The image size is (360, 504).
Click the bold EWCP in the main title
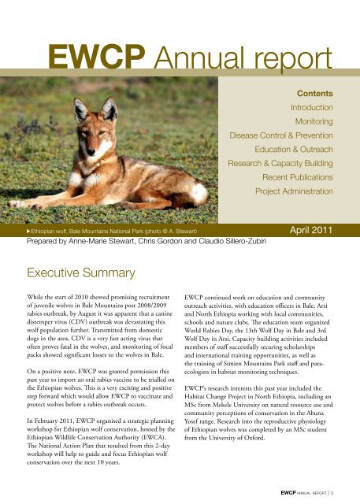(97, 55)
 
